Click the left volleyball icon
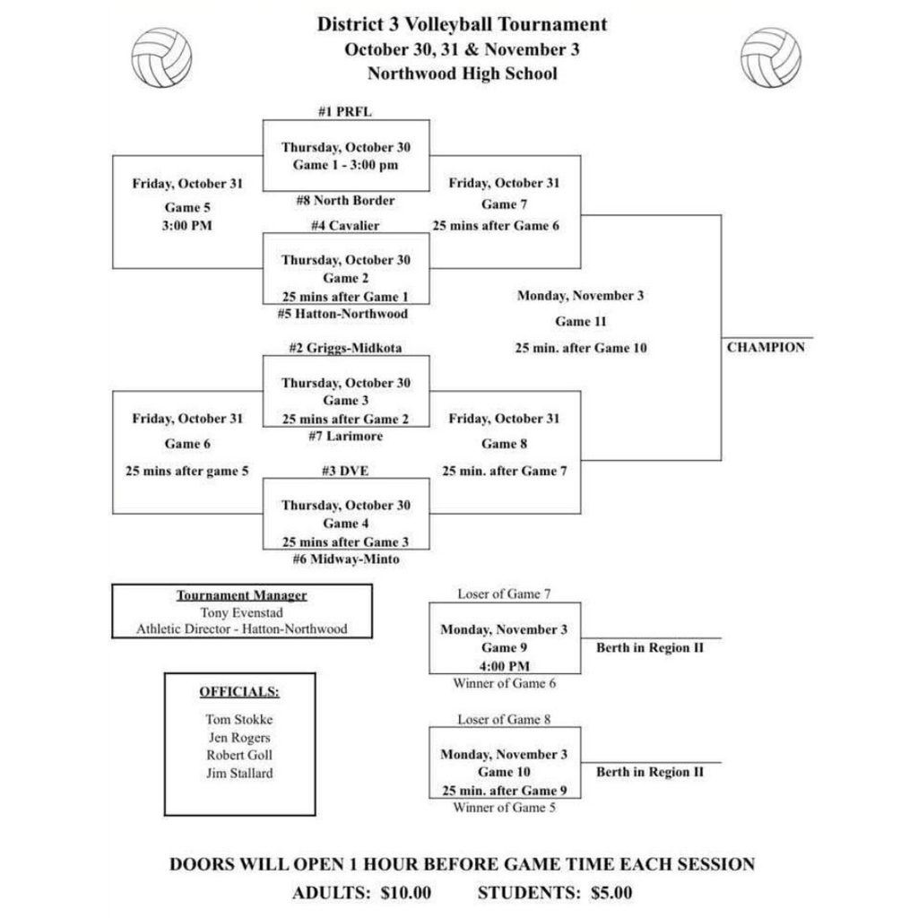tap(161, 57)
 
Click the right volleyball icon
tap(771, 57)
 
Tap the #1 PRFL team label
tap(345, 112)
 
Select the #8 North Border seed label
tap(345, 200)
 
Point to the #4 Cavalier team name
tap(345, 225)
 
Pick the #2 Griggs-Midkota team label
tap(345, 347)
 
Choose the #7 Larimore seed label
tap(345, 436)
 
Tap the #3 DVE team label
tap(345, 470)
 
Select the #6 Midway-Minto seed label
tap(345, 559)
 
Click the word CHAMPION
tap(766, 348)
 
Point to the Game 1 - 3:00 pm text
tap(345, 165)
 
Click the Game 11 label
tap(581, 322)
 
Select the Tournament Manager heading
tap(242, 595)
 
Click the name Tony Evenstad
tap(242, 612)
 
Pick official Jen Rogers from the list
tap(238, 737)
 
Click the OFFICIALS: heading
tap(238, 692)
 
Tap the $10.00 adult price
tap(405, 893)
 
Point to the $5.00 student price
tap(611, 893)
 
